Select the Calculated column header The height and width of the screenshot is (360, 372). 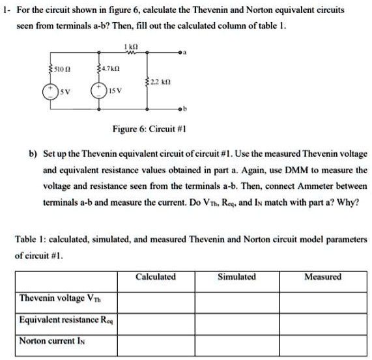155,277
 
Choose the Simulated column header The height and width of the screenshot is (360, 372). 236,277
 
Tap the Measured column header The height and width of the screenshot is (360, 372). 322,277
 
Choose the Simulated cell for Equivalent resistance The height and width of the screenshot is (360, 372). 236,320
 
